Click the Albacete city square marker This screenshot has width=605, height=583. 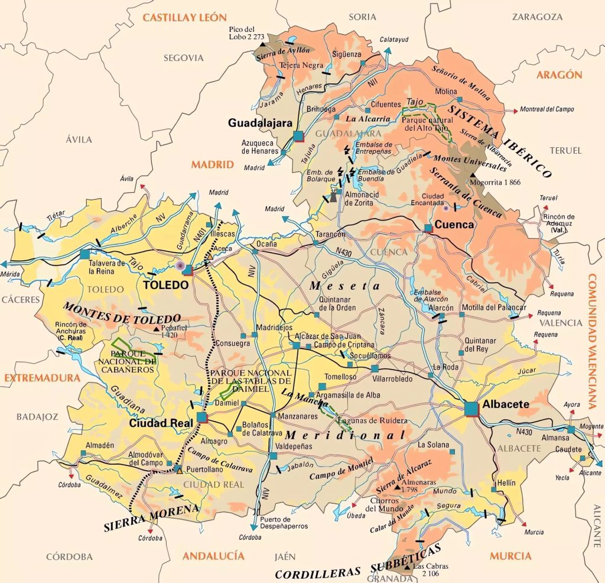coord(471,409)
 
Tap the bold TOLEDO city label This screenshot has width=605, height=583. coord(167,285)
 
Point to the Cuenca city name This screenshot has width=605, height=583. coord(454,225)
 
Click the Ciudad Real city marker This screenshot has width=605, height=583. coord(202,417)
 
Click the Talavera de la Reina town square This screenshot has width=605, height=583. coord(84,254)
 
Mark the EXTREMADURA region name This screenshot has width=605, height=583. coord(40,378)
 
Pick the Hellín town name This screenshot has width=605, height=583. coord(506,483)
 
